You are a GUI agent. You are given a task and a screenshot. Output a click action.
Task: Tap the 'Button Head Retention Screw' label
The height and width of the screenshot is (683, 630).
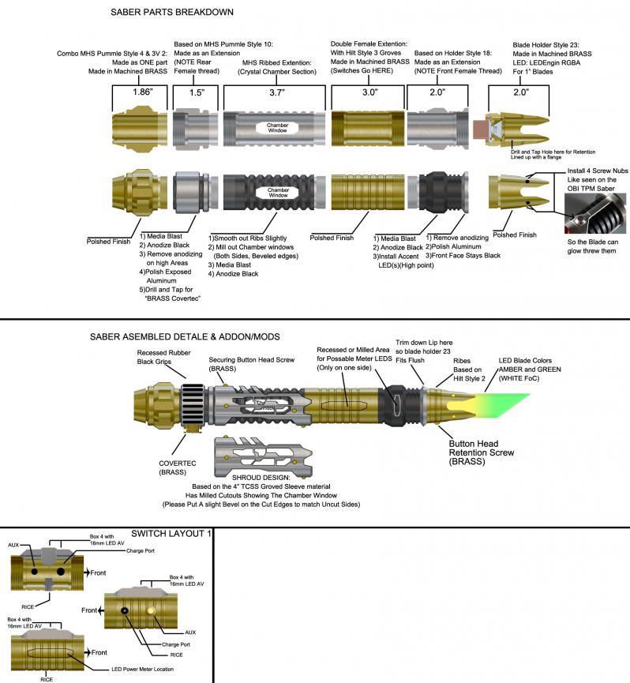coord(482,454)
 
